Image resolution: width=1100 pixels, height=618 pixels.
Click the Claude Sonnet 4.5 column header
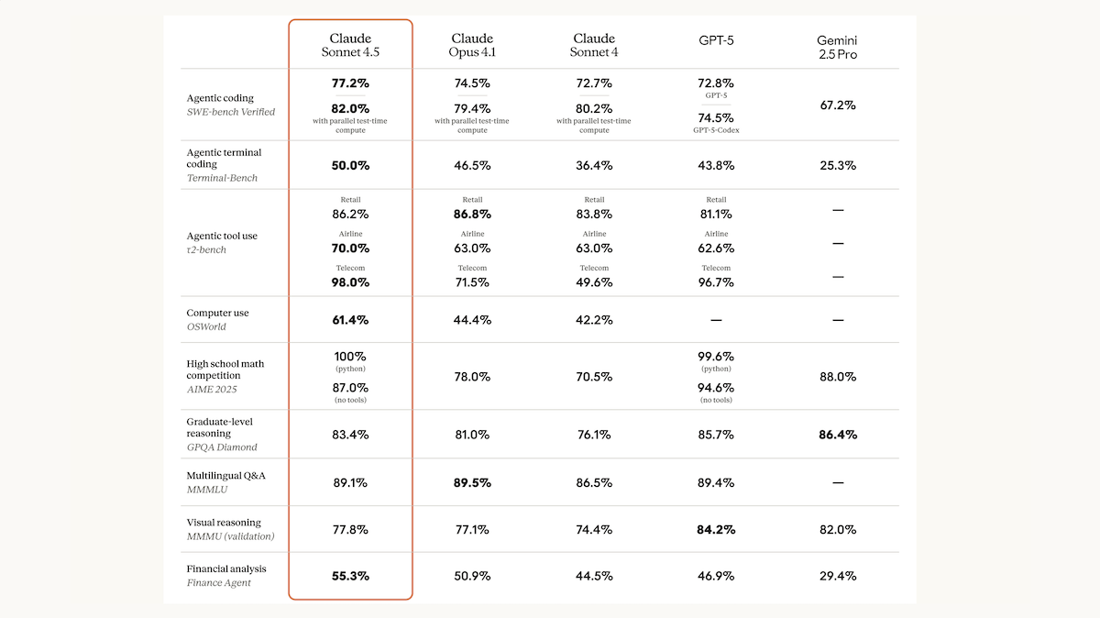tap(350, 45)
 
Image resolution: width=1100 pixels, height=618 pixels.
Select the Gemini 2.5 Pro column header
tap(837, 47)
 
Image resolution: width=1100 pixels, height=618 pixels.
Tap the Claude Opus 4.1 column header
tap(472, 45)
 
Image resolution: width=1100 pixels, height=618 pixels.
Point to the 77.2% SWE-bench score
tap(350, 83)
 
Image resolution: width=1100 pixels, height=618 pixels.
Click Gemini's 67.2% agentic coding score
tap(838, 105)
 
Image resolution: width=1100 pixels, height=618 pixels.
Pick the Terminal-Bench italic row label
tap(222, 178)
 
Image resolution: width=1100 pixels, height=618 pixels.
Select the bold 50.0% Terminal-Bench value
tap(350, 166)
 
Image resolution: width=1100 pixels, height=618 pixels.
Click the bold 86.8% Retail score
tap(472, 215)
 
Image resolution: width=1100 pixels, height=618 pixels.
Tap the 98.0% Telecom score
tap(350, 282)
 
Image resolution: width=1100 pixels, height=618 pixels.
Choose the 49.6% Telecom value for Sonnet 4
tap(594, 282)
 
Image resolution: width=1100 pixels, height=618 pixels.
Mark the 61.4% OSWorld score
tap(350, 320)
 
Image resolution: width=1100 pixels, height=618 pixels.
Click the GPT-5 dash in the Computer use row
tap(716, 320)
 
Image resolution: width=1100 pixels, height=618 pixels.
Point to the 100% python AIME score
tap(350, 356)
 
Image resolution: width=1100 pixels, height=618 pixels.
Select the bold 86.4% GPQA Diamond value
tap(838, 435)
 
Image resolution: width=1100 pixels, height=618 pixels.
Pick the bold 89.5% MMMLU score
tap(472, 483)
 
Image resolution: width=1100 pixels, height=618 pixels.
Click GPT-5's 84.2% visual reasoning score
tap(716, 530)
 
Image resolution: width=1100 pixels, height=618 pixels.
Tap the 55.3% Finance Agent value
tap(350, 576)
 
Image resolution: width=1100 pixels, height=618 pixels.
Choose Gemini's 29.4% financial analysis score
tap(838, 576)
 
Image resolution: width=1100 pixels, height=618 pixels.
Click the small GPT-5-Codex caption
tap(716, 130)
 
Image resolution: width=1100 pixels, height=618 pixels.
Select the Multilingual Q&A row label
tap(225, 476)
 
